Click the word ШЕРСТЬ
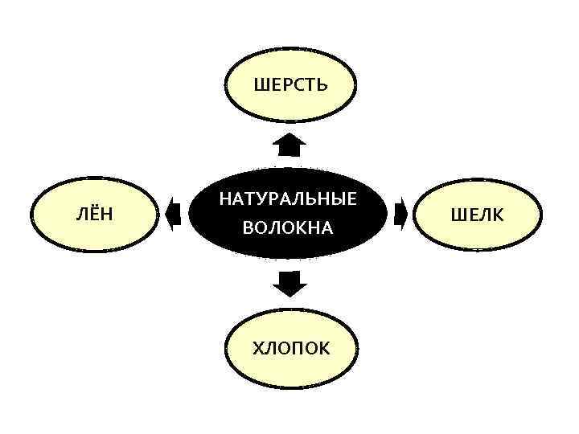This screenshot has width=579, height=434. pyautogui.click(x=290, y=84)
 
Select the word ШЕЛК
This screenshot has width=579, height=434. pyautogui.click(x=478, y=215)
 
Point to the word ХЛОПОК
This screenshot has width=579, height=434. pyautogui.click(x=290, y=348)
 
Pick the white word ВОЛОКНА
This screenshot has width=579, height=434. pyautogui.click(x=288, y=229)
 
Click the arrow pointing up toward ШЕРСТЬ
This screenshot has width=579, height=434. pyautogui.click(x=289, y=145)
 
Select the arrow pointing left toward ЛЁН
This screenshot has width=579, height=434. pyautogui.click(x=171, y=215)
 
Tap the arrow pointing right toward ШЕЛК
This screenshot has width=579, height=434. pyautogui.click(x=403, y=215)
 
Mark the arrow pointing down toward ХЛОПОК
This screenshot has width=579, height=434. pyautogui.click(x=289, y=283)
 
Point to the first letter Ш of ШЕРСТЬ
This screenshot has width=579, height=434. pyautogui.click(x=260, y=84)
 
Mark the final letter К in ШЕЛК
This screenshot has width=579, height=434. pyautogui.click(x=499, y=215)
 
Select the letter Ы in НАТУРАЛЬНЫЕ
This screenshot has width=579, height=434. pyautogui.click(x=337, y=199)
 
